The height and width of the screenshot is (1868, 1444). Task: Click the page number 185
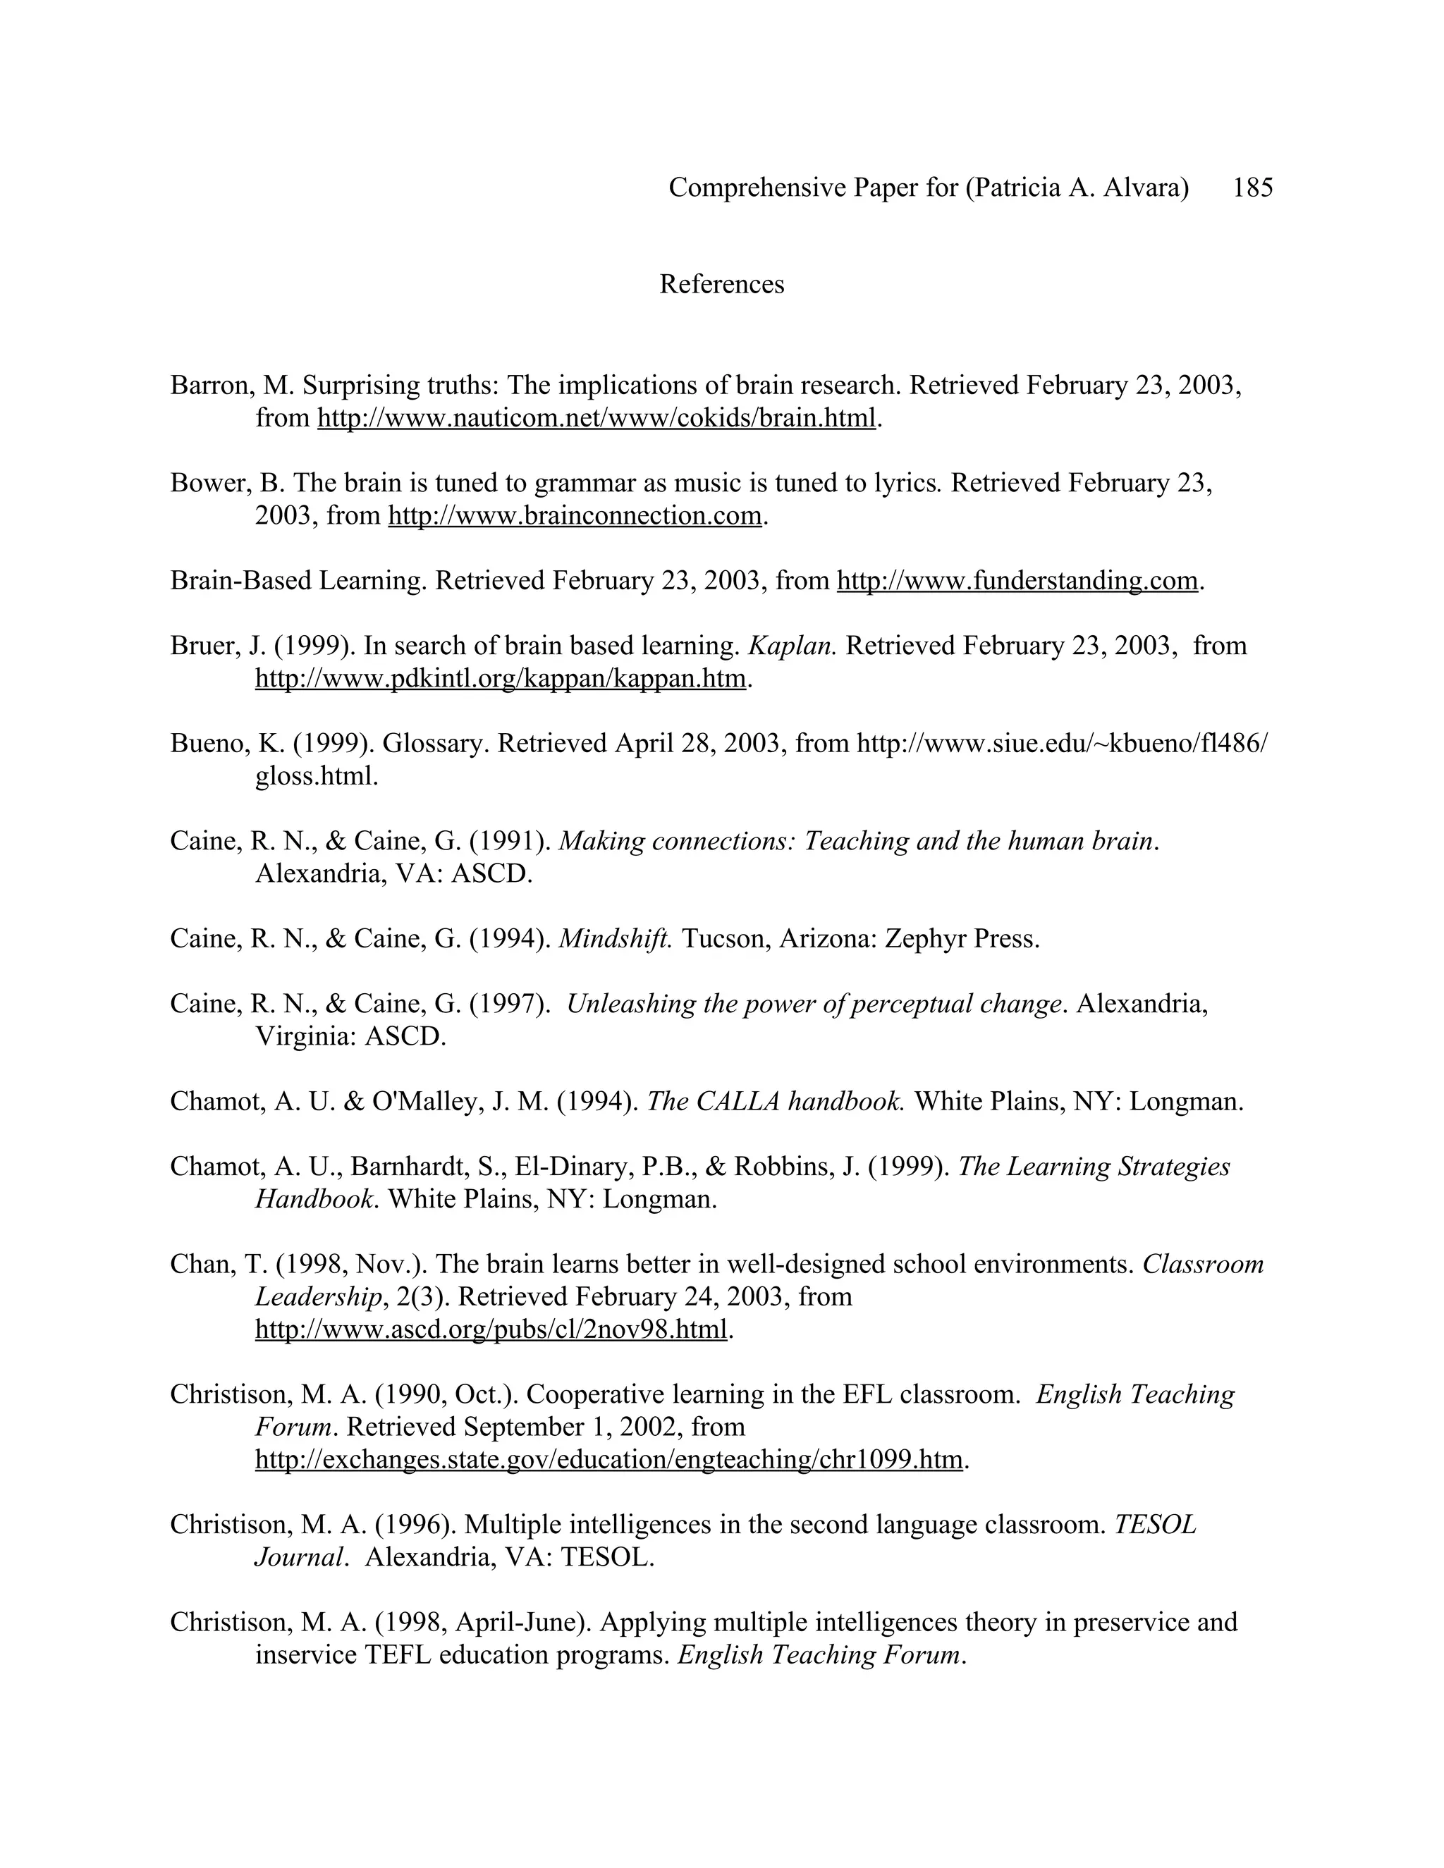pyautogui.click(x=1252, y=188)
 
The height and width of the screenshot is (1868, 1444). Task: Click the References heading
pyautogui.click(x=721, y=284)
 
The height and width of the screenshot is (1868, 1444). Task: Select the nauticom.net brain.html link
pyautogui.click(x=596, y=418)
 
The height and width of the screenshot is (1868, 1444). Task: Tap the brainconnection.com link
pyautogui.click(x=574, y=516)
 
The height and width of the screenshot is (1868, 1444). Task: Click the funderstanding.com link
pyautogui.click(x=1016, y=581)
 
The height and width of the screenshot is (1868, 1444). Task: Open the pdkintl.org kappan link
pyautogui.click(x=501, y=679)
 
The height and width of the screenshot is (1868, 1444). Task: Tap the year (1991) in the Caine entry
pyautogui.click(x=510, y=842)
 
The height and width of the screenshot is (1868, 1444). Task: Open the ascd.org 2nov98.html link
pyautogui.click(x=491, y=1329)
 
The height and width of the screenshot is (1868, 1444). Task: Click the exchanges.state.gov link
pyautogui.click(x=608, y=1459)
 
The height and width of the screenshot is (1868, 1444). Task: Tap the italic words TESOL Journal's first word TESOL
pyautogui.click(x=1155, y=1524)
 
